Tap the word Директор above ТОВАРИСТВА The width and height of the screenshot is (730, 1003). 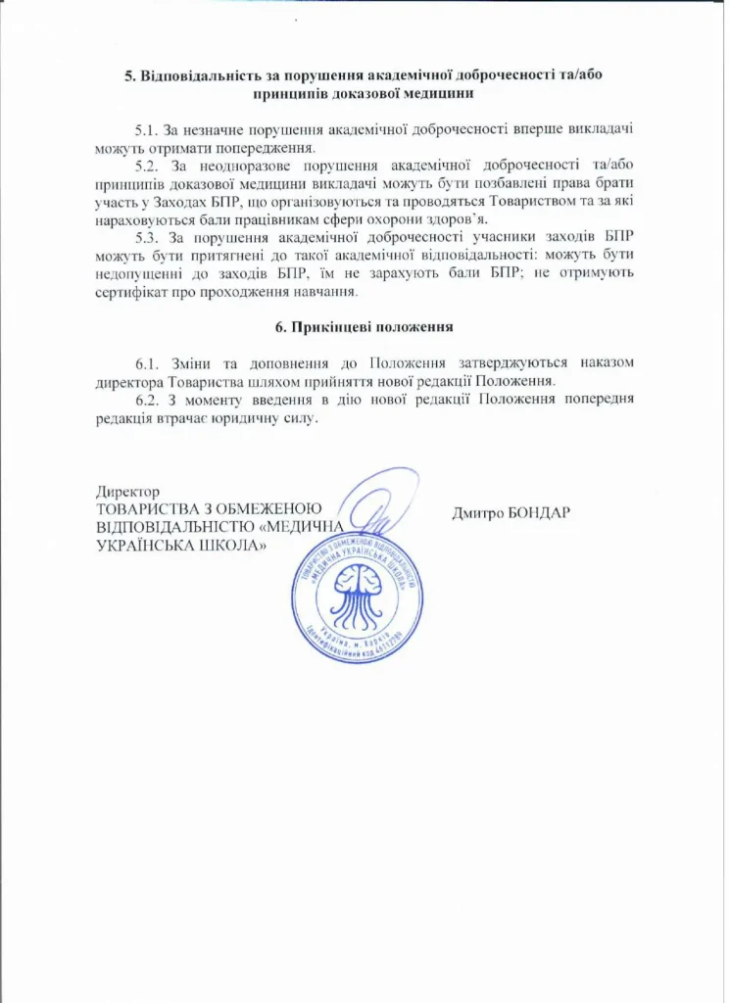pos(127,491)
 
